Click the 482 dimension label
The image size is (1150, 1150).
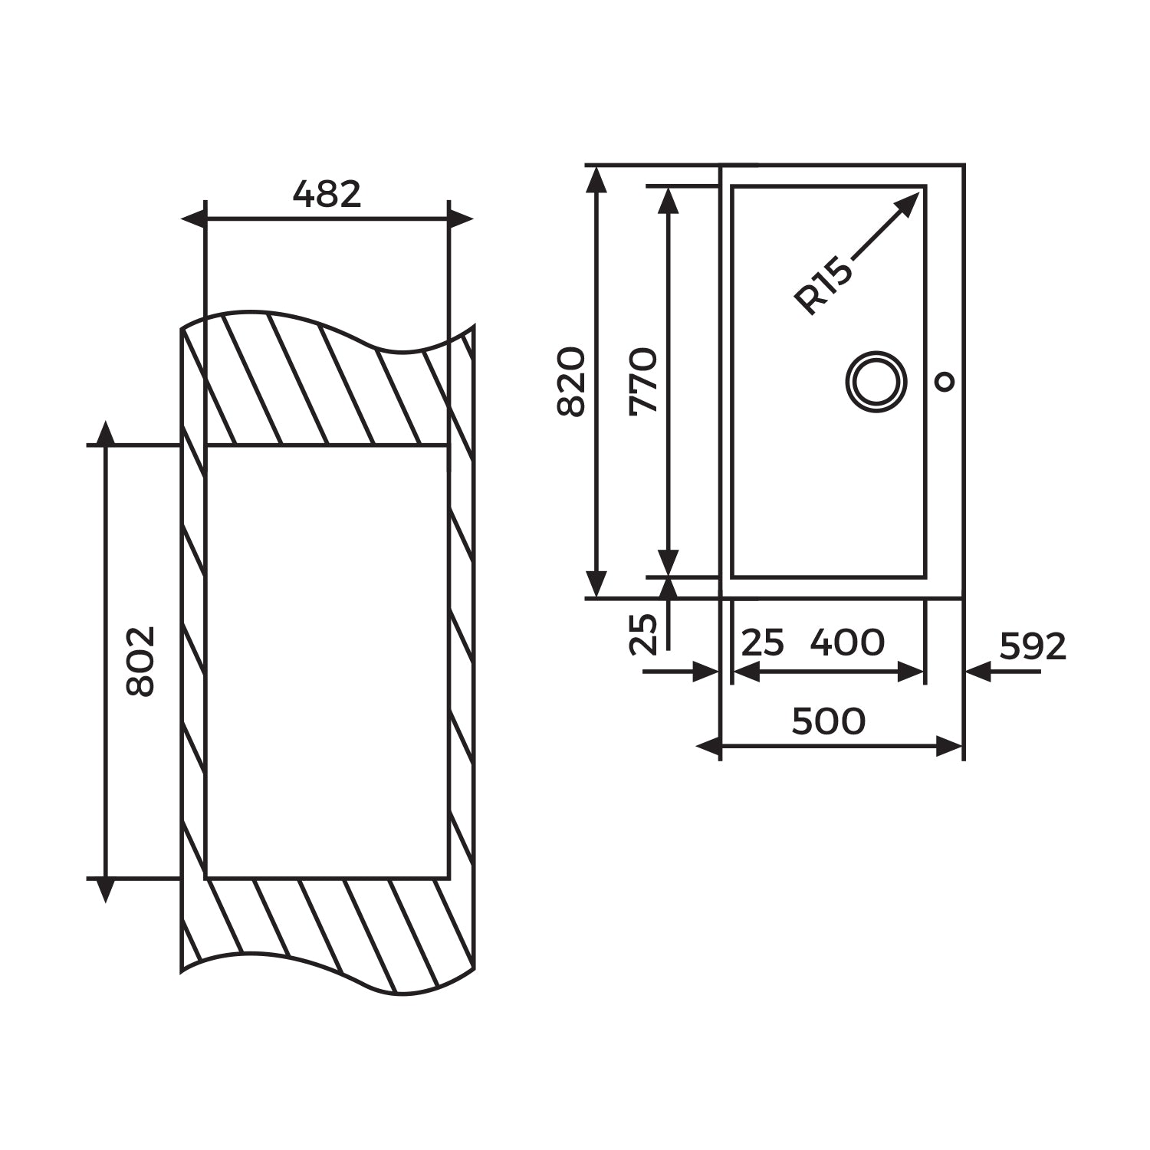(x=327, y=195)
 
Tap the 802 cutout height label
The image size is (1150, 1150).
(x=140, y=661)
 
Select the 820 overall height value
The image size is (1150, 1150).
(x=570, y=382)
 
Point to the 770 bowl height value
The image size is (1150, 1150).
(x=643, y=381)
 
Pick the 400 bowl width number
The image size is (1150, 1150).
(x=847, y=642)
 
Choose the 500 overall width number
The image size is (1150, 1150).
(x=828, y=721)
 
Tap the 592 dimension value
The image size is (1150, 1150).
(x=1033, y=647)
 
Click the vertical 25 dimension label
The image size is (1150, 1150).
(x=643, y=633)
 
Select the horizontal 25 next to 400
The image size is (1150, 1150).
(x=763, y=642)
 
